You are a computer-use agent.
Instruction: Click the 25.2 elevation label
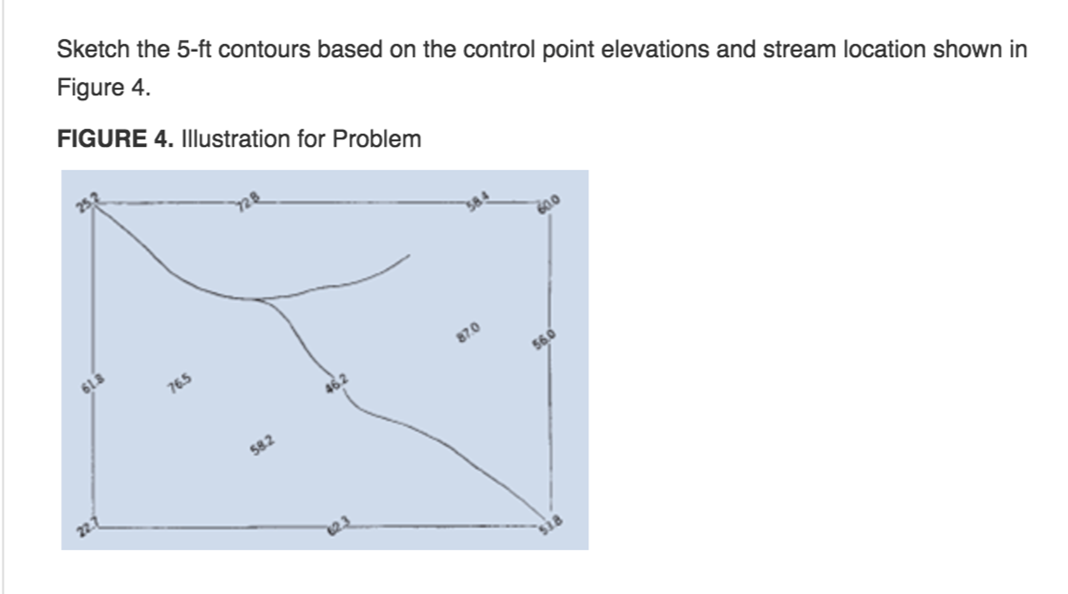[x=87, y=202]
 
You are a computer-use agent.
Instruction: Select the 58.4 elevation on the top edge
[x=478, y=201]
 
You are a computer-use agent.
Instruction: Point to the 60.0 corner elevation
[x=549, y=204]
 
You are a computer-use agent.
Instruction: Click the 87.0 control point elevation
[x=468, y=332]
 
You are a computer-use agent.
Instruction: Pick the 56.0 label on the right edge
[x=544, y=340]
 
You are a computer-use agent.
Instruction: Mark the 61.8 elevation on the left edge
[x=92, y=384]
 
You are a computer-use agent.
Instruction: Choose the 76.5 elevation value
[x=179, y=384]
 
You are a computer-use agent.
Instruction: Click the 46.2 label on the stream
[x=336, y=384]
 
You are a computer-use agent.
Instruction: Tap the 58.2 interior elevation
[x=262, y=445]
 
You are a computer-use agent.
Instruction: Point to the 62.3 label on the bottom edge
[x=338, y=525]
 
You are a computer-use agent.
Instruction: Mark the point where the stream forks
[x=256, y=300]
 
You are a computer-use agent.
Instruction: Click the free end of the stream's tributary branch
[x=409, y=255]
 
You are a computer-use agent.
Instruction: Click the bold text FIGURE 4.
[x=115, y=139]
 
